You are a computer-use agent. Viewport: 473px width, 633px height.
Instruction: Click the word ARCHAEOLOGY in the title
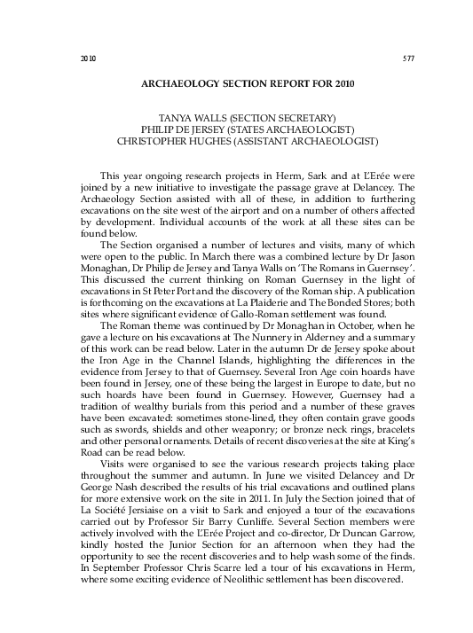(178, 85)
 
